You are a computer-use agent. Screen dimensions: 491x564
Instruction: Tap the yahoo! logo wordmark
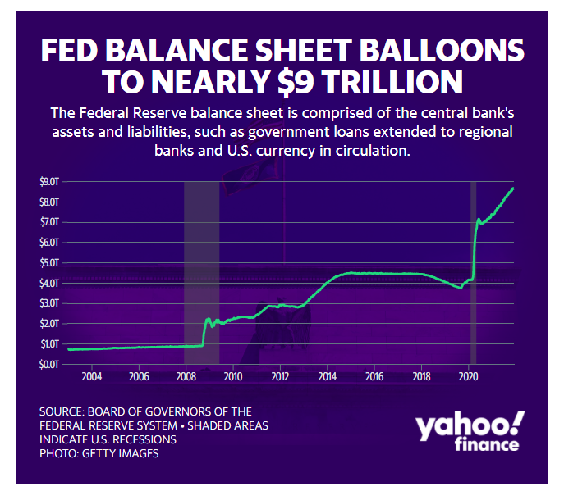[x=469, y=426]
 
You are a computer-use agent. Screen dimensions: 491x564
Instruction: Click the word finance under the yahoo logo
[x=488, y=445]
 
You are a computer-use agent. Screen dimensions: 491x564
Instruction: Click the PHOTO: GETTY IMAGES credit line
[x=99, y=452]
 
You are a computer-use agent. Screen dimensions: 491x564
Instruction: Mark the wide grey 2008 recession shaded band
[x=201, y=271]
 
